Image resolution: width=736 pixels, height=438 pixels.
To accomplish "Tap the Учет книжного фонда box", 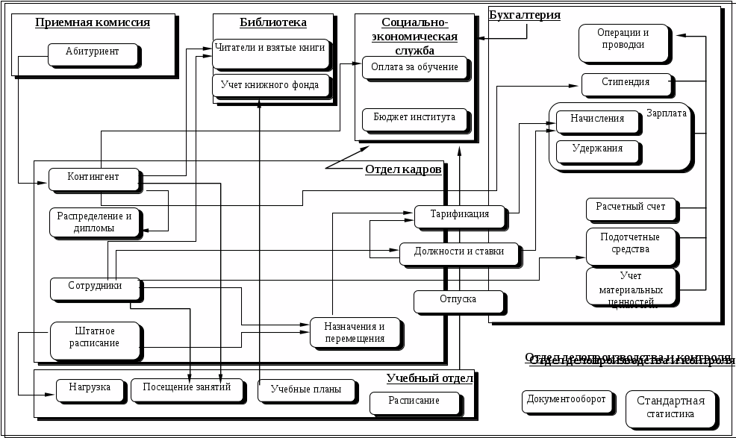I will [x=270, y=85].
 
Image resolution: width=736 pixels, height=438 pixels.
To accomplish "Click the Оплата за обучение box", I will [x=414, y=68].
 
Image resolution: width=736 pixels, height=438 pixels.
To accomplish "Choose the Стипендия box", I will [x=625, y=83].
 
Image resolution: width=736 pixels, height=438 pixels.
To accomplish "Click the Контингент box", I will [x=93, y=178].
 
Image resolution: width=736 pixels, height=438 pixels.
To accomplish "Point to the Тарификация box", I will [x=459, y=215].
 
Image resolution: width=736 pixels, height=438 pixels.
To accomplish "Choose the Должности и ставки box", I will [x=459, y=252].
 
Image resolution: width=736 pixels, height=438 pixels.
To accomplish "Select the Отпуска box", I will [x=458, y=300].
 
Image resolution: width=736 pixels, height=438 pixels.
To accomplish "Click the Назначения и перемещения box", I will [x=354, y=333].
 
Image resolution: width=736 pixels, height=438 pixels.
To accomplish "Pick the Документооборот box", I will [x=566, y=400].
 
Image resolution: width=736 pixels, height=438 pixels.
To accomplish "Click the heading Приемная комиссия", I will [x=93, y=22].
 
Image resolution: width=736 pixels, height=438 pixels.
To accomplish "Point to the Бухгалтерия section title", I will [x=524, y=15].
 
